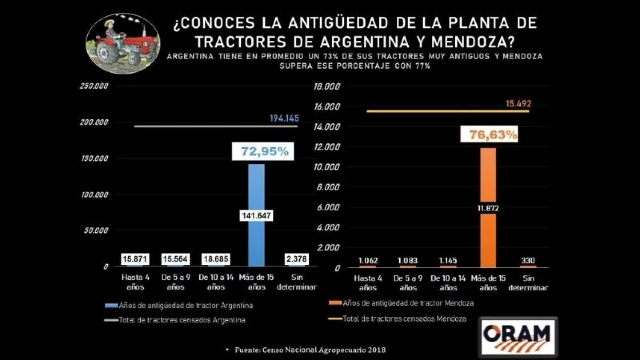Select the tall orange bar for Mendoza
pos(488,176)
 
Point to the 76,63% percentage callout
pos(493,135)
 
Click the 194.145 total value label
pos(284,118)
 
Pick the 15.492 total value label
pos(518,104)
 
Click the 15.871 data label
pos(135,259)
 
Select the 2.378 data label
pos(296,259)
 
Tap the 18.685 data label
pos(216,259)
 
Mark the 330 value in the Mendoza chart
pos(528,261)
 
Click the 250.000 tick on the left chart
pos(94,86)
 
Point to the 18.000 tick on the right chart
pos(327,86)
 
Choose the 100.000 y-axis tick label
pos(94,195)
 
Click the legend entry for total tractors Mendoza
pos(404,319)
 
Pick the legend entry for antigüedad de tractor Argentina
pos(186,306)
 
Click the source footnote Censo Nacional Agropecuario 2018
pos(310,350)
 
